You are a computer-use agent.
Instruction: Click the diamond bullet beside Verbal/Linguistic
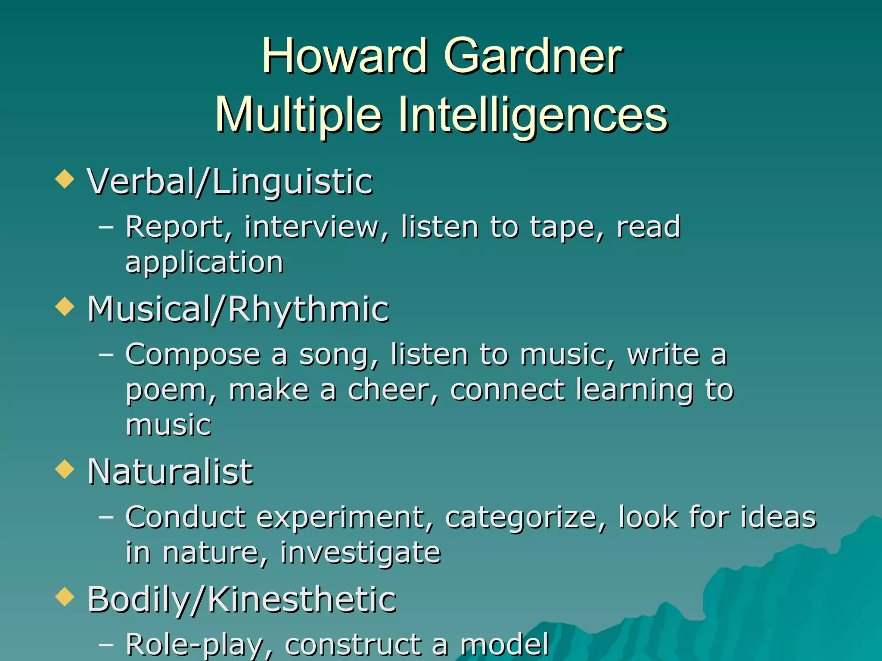click(x=65, y=179)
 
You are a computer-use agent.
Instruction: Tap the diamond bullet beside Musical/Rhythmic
click(x=65, y=306)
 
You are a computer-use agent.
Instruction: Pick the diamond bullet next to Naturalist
click(x=65, y=469)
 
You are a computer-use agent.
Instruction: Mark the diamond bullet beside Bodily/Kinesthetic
click(x=65, y=596)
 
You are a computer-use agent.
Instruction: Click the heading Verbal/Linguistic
click(x=230, y=182)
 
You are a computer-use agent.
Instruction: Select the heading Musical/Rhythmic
click(x=238, y=309)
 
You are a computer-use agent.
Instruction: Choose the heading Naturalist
click(x=170, y=472)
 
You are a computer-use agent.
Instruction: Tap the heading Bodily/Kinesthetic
click(x=242, y=599)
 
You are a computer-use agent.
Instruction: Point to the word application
click(x=205, y=263)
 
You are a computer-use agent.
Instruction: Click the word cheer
click(x=392, y=389)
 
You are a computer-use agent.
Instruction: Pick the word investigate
click(x=360, y=553)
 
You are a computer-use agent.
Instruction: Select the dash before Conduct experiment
click(x=106, y=516)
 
